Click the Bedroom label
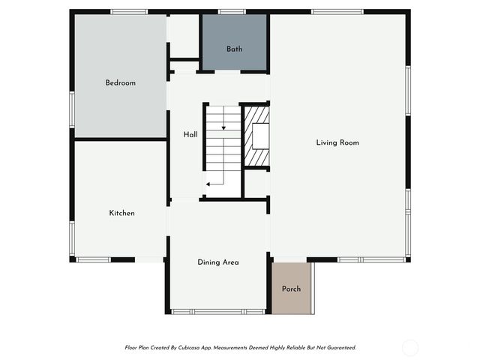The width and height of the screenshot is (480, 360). tap(120, 82)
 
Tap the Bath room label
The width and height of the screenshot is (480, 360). tap(234, 49)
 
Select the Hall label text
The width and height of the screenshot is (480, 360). tap(190, 135)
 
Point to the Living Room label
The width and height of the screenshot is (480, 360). tap(337, 142)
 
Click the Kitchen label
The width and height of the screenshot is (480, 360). tap(121, 213)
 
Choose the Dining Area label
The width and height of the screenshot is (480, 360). tap(217, 262)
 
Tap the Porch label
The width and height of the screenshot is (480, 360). tap(291, 289)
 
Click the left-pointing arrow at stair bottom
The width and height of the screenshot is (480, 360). tap(210, 183)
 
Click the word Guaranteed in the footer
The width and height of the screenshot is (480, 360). tap(337, 348)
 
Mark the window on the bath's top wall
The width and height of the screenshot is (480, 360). tap(232, 11)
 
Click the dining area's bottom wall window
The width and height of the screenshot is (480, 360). tap(217, 311)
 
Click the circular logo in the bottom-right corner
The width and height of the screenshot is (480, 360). tap(409, 347)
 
